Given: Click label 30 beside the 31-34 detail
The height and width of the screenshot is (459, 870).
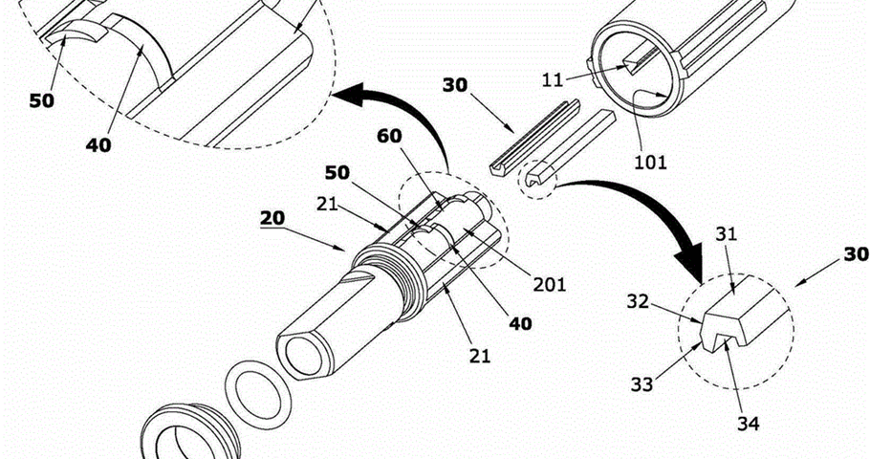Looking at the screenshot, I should pos(856,254).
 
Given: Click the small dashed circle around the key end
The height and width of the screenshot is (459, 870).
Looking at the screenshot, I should pos(537,178).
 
